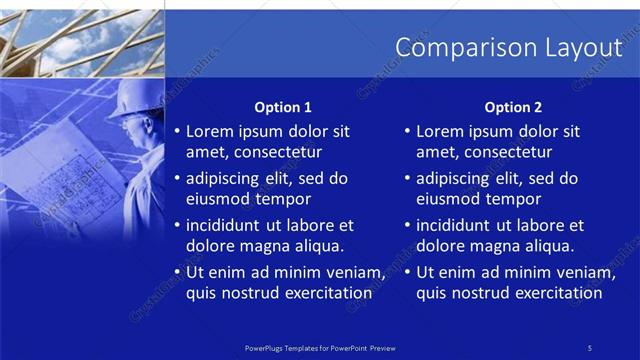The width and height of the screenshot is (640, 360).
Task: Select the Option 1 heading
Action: point(283,107)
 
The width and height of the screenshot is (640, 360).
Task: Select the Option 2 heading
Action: point(513,107)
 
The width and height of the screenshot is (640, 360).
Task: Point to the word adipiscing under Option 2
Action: point(455,179)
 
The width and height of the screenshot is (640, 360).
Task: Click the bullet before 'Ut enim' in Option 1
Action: point(177,273)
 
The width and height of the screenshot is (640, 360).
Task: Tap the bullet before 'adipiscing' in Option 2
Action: point(407,179)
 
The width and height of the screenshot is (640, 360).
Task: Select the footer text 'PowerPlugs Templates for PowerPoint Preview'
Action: point(320,347)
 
